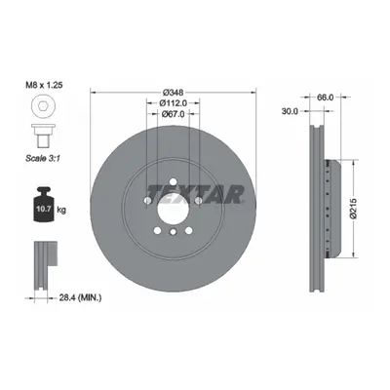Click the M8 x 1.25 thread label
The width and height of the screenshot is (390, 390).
pos(44,85)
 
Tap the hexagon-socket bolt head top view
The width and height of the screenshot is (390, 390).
pos(44,105)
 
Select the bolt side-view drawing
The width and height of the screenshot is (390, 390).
pos(44,136)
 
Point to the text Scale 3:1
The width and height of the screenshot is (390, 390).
pos(44,158)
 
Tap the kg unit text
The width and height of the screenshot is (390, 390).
pos(61,210)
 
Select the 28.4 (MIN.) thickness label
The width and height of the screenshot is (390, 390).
pos(80,297)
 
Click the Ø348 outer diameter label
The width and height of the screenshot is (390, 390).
pos(174,92)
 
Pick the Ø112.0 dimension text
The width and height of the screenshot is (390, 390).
pos(174,103)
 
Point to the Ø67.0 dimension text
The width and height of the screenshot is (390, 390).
pos(174,114)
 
